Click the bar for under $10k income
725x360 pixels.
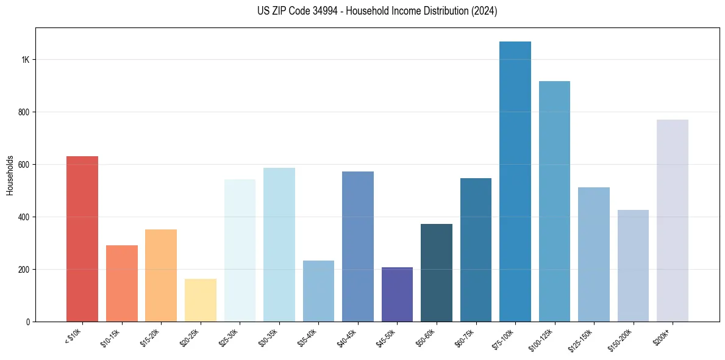82,239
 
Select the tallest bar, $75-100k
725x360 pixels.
515,181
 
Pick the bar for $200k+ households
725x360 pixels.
673,220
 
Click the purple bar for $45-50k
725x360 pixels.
397,294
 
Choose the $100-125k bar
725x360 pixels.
554,201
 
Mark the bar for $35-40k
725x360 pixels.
318,291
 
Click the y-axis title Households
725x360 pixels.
10,175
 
